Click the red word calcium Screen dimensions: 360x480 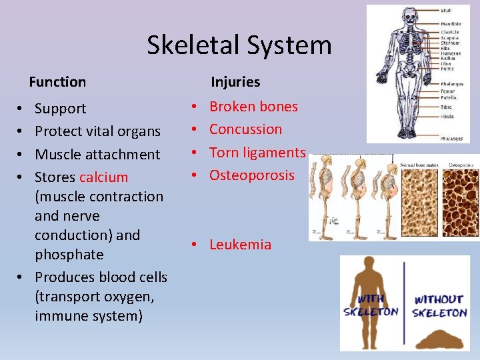tap(103, 177)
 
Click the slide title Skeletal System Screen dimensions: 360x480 tap(239, 45)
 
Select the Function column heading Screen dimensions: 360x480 tap(57, 82)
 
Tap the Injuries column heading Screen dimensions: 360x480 tap(235, 82)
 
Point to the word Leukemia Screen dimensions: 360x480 tap(240, 245)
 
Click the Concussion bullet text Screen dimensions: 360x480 tap(245, 129)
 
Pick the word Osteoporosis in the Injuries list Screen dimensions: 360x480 tap(251, 175)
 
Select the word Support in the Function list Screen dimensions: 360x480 tap(60, 109)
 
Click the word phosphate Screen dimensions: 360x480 tap(69, 255)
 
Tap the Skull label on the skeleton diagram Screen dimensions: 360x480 tap(446, 11)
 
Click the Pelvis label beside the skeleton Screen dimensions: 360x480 tap(447, 69)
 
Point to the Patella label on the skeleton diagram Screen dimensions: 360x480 tap(448, 97)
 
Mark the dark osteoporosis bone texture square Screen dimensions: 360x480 tap(459, 200)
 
